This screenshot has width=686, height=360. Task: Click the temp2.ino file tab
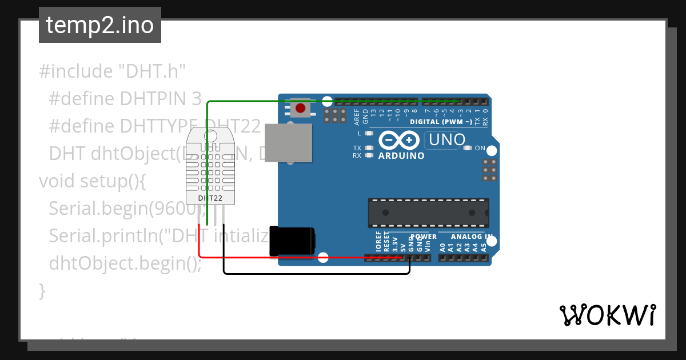coord(100,25)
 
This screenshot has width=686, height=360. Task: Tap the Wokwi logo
coord(607,315)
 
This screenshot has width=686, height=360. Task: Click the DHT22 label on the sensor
coord(210,198)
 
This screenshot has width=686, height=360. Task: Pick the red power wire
coord(286,257)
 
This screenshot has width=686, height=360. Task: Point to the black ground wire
coord(314,274)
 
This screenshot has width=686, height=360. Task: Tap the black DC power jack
coord(293,241)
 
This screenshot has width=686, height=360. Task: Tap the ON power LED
coord(468,148)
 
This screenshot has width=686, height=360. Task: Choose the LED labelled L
coord(369,133)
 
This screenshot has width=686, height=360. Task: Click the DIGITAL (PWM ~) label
coord(441,122)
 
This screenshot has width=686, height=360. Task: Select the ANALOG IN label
coord(472,237)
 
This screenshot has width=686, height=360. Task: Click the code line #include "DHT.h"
coord(113,71)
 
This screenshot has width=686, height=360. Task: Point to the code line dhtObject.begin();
coord(125,263)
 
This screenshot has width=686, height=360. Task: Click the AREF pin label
coord(357,117)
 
